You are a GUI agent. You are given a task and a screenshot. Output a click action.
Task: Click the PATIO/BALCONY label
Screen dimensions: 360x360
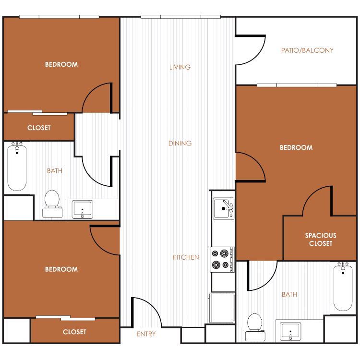(307, 50)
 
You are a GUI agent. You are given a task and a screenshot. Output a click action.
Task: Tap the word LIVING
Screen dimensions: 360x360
(180, 67)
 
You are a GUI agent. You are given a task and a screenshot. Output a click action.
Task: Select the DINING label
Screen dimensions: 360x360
(180, 143)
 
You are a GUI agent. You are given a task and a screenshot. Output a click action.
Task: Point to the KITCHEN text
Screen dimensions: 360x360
(186, 257)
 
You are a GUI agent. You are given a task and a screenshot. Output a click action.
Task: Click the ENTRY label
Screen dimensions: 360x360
(146, 334)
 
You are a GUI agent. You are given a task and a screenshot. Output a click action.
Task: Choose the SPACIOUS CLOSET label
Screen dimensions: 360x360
(321, 240)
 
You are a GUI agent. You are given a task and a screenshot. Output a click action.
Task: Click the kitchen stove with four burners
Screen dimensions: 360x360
(222, 259)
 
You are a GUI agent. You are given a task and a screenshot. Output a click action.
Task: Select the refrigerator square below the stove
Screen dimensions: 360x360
(222, 308)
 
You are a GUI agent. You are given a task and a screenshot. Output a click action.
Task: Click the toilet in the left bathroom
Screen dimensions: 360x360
(52, 204)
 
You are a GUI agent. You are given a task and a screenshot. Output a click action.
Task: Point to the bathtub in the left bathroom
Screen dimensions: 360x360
(17, 168)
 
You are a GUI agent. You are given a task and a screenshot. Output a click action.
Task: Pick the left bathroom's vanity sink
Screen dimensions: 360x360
(83, 209)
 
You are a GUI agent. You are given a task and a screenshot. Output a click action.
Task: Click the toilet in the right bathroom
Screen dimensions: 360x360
(255, 327)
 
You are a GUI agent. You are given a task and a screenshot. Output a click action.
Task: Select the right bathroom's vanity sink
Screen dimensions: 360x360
(290, 332)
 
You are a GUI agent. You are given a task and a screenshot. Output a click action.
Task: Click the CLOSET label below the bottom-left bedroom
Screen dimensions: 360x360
(74, 332)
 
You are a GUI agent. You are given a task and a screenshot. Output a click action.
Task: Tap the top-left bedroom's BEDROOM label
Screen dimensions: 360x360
(61, 64)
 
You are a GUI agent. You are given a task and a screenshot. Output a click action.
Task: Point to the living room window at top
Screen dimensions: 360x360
(180, 17)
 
